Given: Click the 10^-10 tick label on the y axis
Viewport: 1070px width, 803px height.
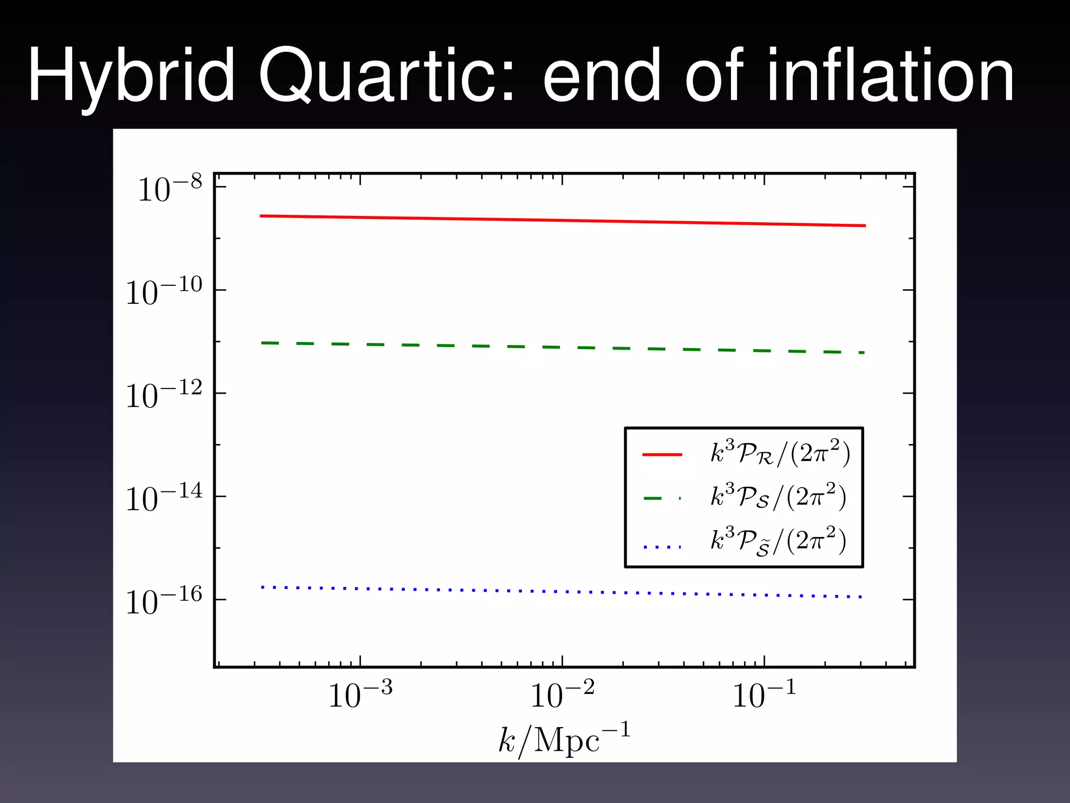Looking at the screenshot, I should coord(164,292).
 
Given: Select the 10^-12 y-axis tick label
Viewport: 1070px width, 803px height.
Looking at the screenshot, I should coord(164,395).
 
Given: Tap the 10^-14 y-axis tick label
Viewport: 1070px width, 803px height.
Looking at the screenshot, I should coord(164,498).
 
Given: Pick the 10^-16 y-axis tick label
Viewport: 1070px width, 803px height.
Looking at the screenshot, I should coord(164,601).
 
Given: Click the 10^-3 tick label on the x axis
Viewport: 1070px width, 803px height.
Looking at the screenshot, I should coord(360,695).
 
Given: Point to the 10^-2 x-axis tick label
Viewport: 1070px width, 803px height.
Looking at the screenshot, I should coord(562,695).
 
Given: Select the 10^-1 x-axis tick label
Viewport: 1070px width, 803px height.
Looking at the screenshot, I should coord(764,695).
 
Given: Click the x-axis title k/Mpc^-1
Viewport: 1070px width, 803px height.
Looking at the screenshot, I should coord(564,739).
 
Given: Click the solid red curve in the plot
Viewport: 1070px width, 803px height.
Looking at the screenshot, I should coord(562,221).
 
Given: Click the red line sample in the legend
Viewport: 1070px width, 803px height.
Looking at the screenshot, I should coord(662,455).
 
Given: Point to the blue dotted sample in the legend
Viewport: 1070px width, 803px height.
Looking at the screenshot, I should coord(662,547).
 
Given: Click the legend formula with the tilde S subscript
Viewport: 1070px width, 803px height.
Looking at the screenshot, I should coord(778,542).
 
